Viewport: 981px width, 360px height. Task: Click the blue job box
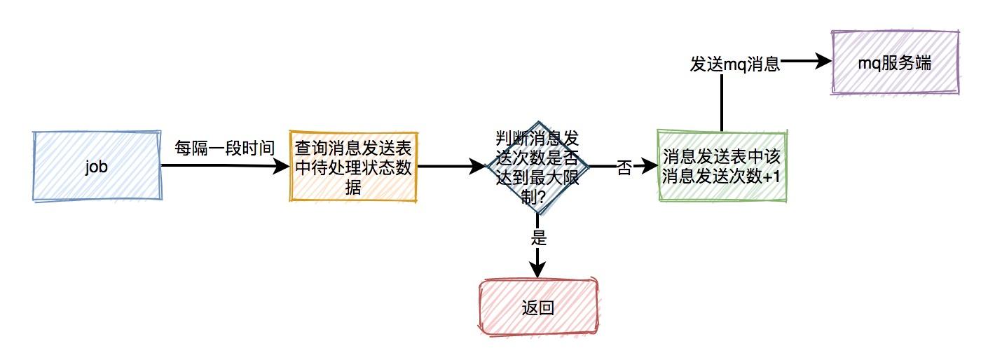coord(97,165)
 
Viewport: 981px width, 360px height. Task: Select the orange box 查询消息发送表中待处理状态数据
coord(353,167)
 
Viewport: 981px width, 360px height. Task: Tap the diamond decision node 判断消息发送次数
coord(537,167)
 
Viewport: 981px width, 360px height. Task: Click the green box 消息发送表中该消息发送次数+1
coord(721,167)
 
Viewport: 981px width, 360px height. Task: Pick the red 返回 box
coord(538,307)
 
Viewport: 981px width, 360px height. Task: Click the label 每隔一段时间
coord(224,148)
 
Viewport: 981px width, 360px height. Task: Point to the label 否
coord(624,168)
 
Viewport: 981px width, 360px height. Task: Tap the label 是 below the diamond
coord(538,237)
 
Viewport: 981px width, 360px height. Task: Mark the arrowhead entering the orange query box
coord(282,166)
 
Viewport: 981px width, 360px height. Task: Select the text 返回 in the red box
coord(538,307)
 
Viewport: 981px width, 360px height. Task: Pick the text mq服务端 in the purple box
coord(894,62)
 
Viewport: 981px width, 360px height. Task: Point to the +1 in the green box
coord(771,177)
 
